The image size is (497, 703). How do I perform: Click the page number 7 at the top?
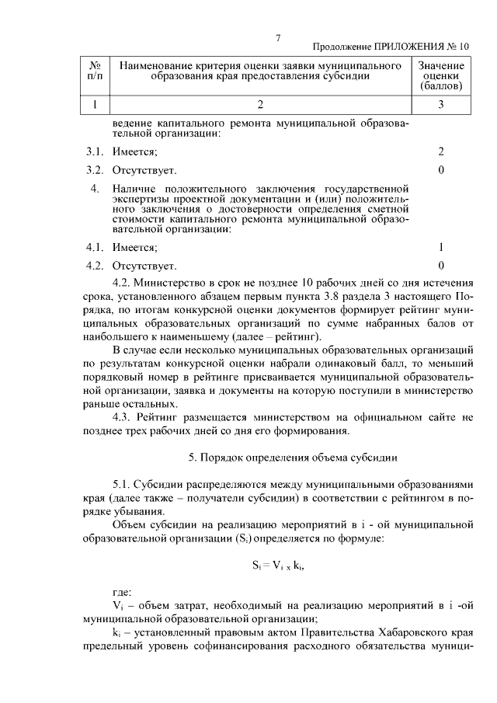pos(278,39)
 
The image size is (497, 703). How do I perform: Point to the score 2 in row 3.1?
pos(441,151)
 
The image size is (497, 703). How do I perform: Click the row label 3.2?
pos(95,169)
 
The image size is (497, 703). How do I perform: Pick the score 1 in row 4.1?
pos(441,247)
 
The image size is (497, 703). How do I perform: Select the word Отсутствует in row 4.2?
pos(144,266)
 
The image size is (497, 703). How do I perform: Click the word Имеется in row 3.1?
pos(134,151)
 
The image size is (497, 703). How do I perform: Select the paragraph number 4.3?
pos(124,417)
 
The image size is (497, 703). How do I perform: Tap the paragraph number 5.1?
pos(124,483)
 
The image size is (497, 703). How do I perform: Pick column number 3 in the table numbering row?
pos(440,104)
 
